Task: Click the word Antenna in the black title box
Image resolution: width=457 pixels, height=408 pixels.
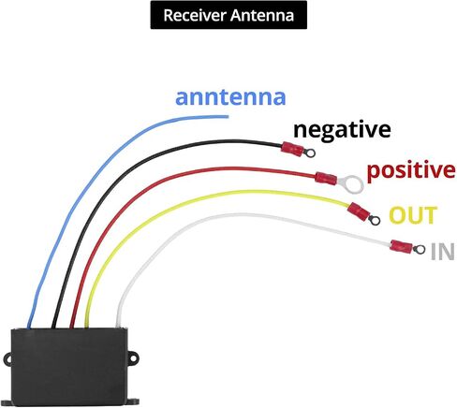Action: (x=262, y=15)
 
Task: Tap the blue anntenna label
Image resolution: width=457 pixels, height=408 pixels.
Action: (x=230, y=97)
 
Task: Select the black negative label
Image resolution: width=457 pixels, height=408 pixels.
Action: (x=342, y=130)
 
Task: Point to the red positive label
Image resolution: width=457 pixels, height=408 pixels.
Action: (x=411, y=171)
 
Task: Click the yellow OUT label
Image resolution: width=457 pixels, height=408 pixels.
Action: (x=413, y=215)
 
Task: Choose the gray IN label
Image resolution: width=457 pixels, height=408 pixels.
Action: (x=442, y=252)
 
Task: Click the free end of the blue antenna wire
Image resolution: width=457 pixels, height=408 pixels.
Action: (x=228, y=117)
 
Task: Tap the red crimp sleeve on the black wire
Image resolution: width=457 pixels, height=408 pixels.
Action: (x=292, y=149)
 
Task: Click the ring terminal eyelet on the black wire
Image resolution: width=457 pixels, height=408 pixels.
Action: (x=310, y=153)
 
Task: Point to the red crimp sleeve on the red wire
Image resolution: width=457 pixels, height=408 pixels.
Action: (x=326, y=179)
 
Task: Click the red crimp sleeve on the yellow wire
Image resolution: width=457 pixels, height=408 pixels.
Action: (x=359, y=211)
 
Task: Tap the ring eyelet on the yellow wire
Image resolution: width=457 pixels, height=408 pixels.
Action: (x=375, y=220)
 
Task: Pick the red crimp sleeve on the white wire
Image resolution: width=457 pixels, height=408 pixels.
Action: (x=402, y=246)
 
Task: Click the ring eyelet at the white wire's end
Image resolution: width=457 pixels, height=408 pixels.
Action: (x=419, y=249)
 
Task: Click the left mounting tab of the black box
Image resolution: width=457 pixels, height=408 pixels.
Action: (x=7, y=358)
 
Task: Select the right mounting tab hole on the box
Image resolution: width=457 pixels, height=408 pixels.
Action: (x=134, y=357)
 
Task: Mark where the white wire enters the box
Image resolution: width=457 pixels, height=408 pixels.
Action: (x=119, y=327)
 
